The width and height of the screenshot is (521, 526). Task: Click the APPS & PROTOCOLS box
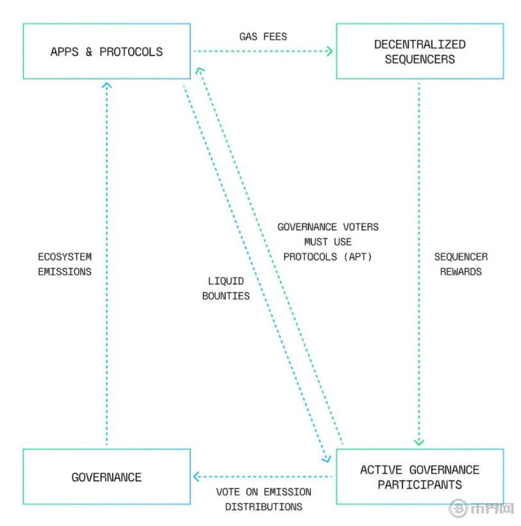tap(106, 51)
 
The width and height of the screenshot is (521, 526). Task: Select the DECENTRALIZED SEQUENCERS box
tap(420, 51)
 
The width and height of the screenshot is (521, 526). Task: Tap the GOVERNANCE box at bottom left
tap(106, 477)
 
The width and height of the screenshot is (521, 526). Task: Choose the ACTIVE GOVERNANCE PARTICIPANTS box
tap(420, 477)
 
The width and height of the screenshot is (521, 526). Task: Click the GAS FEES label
tap(263, 37)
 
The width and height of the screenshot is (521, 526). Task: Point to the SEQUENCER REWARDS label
tap(461, 264)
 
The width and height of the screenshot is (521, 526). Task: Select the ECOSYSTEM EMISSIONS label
tap(64, 264)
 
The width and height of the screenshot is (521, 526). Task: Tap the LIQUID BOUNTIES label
tap(226, 289)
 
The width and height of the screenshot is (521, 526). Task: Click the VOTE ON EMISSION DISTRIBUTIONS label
tap(263, 499)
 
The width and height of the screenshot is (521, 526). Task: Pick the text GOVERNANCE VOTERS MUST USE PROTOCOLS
tap(327, 241)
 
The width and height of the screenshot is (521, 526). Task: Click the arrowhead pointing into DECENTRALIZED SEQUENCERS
tap(329, 51)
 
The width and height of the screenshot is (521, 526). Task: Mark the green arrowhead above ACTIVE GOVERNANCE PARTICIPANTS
tap(419, 441)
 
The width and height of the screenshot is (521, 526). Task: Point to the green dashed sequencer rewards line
tap(419, 192)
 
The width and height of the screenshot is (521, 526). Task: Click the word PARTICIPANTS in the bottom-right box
tap(420, 484)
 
